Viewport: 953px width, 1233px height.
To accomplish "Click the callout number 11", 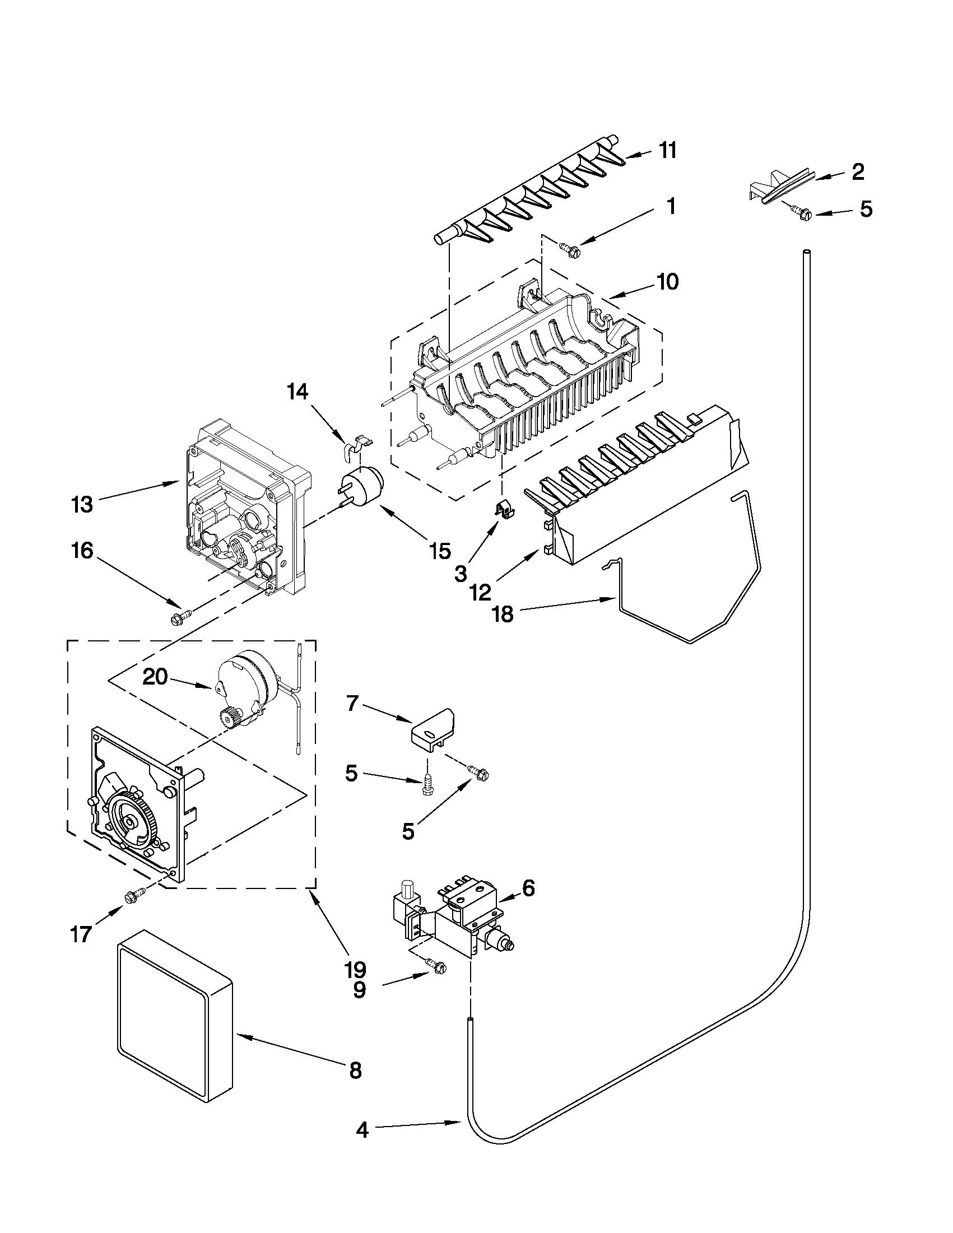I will (667, 151).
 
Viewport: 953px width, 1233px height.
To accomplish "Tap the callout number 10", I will (667, 281).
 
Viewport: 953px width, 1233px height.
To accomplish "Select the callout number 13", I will (82, 504).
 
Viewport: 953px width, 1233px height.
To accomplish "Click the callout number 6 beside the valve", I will (528, 888).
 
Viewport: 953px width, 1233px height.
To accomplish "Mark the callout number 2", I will (858, 171).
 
